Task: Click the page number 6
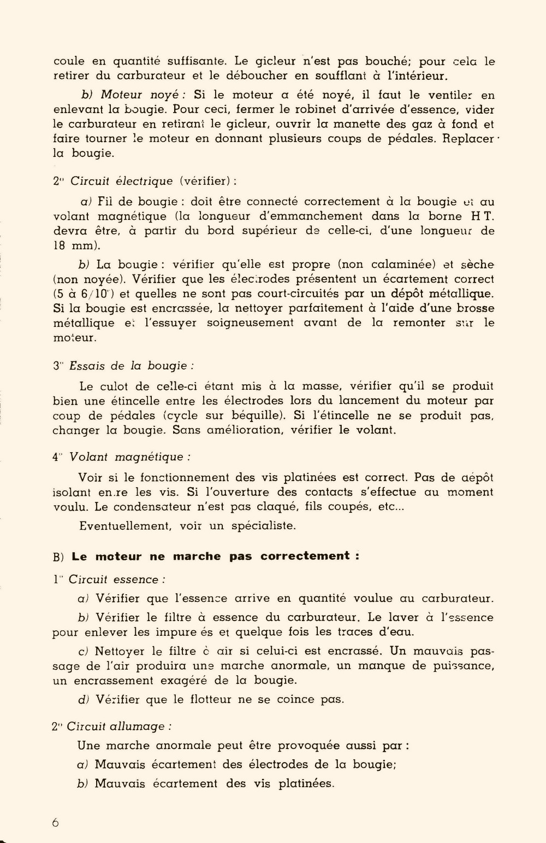coord(56,822)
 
